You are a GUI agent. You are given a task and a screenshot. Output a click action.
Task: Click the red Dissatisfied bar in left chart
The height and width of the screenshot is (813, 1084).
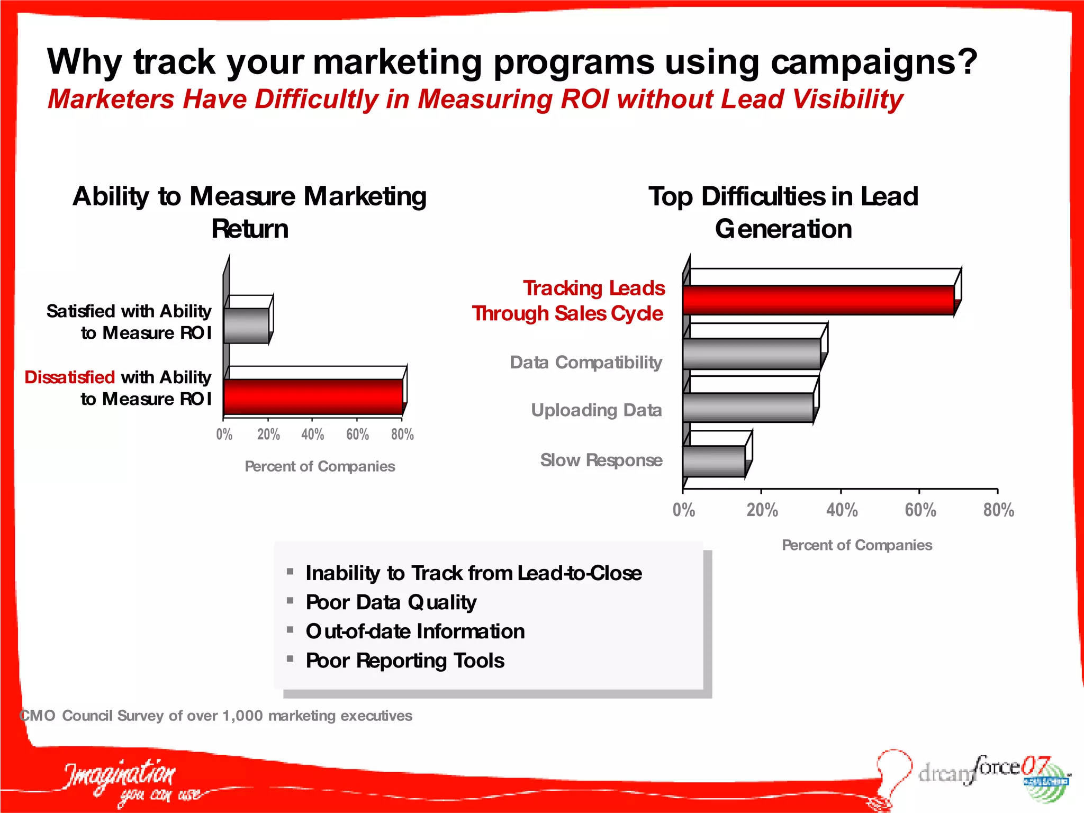pos(313,396)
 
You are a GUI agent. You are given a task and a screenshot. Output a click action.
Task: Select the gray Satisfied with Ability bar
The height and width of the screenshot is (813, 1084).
pos(246,326)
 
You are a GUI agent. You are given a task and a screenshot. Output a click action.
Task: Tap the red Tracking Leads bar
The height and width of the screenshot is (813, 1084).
pos(818,300)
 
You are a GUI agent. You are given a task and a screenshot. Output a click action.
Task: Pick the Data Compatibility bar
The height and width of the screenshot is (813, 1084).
pos(751,354)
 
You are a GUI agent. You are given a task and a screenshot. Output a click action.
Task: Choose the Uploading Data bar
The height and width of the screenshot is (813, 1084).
pos(747,408)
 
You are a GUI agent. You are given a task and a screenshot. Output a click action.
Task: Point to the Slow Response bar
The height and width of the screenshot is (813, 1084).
pos(713,461)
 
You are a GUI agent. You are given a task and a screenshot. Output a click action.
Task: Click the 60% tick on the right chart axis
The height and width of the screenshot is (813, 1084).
pos(920,510)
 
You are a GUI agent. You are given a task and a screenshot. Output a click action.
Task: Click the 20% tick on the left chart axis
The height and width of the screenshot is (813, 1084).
pos(268,435)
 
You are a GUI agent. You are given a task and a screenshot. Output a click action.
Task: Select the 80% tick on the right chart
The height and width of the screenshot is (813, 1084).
pos(998,510)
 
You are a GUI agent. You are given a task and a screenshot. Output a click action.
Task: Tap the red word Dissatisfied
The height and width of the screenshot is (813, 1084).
pos(69,377)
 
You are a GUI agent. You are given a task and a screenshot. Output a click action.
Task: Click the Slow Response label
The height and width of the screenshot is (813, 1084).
pos(601,460)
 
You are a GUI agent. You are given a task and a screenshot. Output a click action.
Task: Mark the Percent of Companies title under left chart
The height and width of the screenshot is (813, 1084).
pos(320,466)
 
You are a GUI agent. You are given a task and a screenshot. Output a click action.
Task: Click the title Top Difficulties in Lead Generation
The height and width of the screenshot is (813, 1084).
pos(783,212)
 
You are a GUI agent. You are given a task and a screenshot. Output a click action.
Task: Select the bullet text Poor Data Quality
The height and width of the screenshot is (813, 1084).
pos(391,602)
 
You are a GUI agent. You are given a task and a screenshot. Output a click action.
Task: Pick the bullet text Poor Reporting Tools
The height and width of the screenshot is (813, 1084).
pos(404,661)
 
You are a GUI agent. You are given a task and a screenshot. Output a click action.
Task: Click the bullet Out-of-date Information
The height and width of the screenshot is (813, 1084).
pos(415,631)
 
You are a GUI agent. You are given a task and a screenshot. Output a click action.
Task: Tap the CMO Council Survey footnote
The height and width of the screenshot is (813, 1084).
pos(216,716)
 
